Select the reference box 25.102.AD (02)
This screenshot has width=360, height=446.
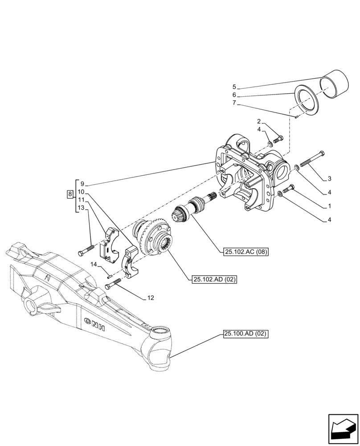[214, 280]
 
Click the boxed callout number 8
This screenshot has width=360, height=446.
[70, 194]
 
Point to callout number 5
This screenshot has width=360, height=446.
[234, 87]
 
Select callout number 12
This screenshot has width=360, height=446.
[151, 297]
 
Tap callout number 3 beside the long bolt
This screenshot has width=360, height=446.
[329, 179]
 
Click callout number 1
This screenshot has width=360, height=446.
[329, 206]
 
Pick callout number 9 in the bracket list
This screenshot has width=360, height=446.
[82, 183]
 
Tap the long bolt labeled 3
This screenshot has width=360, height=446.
[313, 160]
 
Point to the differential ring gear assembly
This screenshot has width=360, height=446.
[154, 237]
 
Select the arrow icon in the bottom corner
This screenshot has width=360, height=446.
[342, 429]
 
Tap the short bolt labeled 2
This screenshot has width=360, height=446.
[277, 139]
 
